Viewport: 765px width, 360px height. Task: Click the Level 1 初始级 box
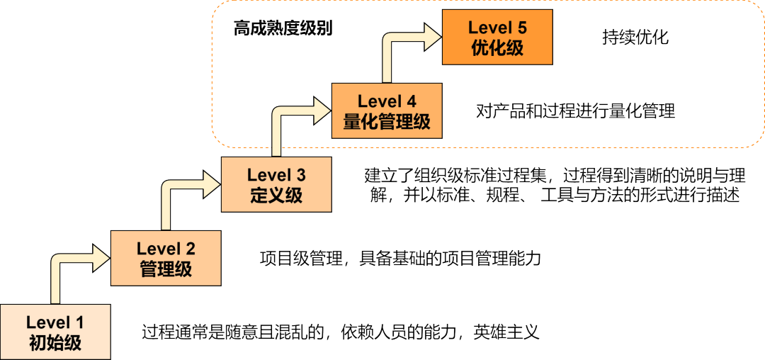pyautogui.click(x=55, y=332)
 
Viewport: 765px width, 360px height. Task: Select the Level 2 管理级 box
pyautogui.click(x=166, y=258)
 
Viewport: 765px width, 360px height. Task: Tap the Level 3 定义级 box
pyautogui.click(x=276, y=184)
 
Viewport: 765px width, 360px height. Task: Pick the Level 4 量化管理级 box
pyautogui.click(x=387, y=111)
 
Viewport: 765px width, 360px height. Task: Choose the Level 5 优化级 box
pyautogui.click(x=497, y=38)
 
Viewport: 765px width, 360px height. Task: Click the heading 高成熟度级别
pyautogui.click(x=283, y=29)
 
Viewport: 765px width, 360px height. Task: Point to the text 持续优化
pyautogui.click(x=635, y=37)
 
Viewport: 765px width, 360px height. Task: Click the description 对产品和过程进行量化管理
pyautogui.click(x=575, y=111)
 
